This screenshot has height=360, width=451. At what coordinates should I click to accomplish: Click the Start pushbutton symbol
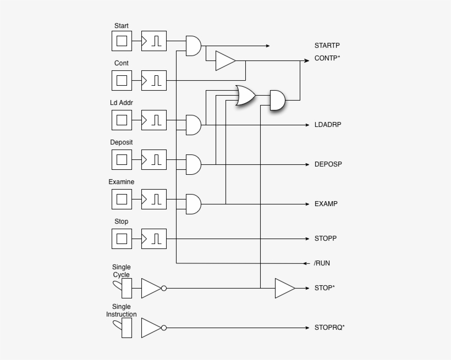click(x=122, y=41)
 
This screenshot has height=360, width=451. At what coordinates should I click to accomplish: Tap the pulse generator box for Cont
click(x=154, y=80)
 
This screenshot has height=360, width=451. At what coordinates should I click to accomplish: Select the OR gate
click(x=245, y=95)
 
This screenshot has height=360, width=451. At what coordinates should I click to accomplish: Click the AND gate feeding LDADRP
click(x=194, y=125)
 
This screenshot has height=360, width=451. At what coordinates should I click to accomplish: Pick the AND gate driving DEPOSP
click(x=194, y=164)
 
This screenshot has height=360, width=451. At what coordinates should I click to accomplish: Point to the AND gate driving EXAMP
click(x=194, y=204)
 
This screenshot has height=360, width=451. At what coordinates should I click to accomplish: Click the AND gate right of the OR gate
click(x=278, y=100)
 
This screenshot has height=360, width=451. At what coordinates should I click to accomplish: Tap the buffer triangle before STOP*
click(x=285, y=288)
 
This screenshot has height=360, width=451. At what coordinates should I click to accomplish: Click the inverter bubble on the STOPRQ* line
click(x=164, y=328)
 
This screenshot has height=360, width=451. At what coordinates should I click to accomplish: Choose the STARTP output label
click(x=327, y=46)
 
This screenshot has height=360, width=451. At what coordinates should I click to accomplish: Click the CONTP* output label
click(x=327, y=58)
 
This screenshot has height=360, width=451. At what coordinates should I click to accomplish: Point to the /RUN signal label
click(x=322, y=263)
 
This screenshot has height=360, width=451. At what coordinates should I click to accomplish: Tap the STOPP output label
click(x=326, y=239)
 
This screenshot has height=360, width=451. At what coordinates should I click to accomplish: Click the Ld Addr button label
click(x=122, y=103)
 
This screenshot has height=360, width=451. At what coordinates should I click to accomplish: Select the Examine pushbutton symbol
click(x=122, y=200)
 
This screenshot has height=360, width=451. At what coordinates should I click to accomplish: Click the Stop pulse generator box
click(x=154, y=239)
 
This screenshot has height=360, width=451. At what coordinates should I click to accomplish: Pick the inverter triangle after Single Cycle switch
click(x=151, y=288)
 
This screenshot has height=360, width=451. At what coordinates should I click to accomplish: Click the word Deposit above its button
click(x=122, y=142)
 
